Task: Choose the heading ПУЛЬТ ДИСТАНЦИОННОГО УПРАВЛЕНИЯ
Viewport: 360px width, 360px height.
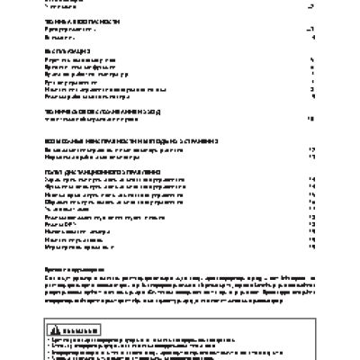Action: [98, 172]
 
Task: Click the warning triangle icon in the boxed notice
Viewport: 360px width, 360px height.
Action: [53, 328]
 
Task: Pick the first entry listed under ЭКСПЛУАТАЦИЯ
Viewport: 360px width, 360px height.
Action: [80, 60]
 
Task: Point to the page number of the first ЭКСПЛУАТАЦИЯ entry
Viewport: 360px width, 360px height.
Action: [310, 60]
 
